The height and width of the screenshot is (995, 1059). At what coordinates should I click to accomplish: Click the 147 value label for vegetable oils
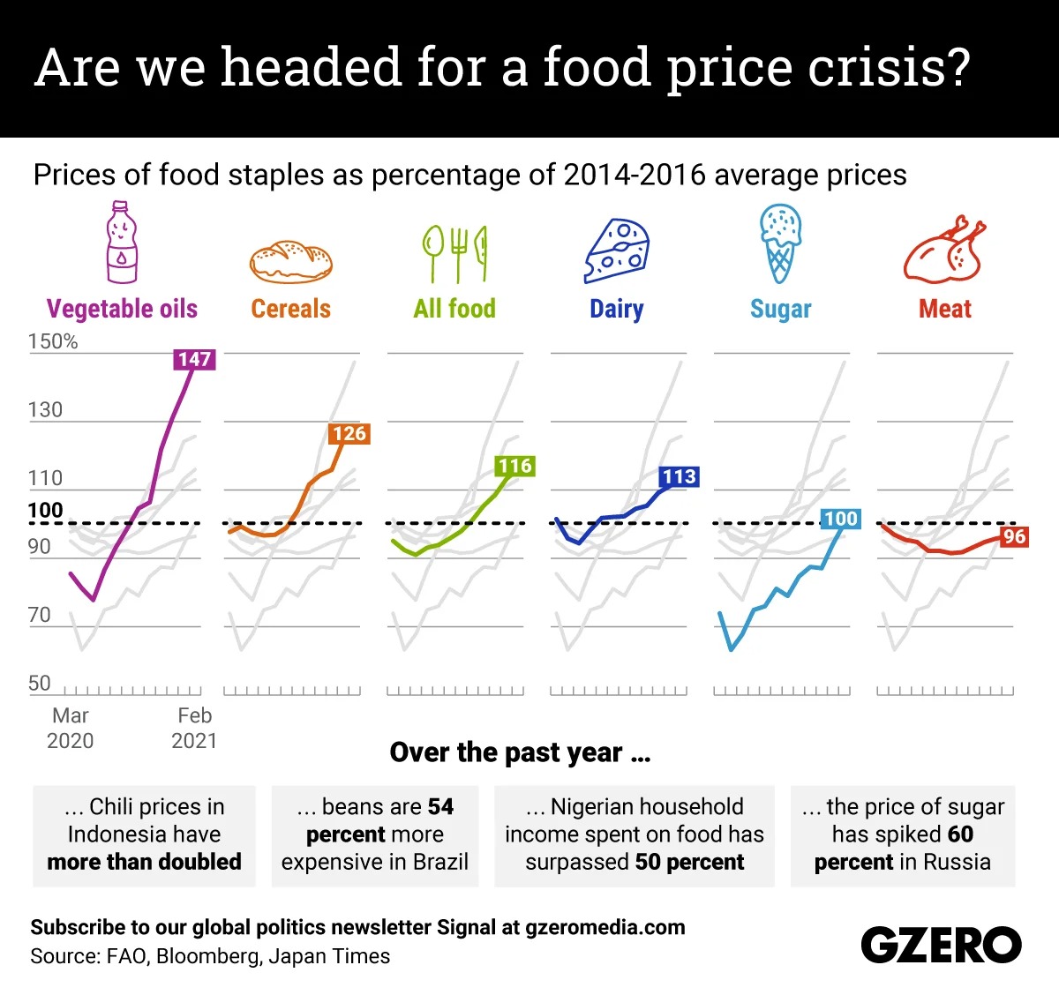click(x=194, y=359)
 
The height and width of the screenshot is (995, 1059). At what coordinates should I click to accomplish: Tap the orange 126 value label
click(x=349, y=433)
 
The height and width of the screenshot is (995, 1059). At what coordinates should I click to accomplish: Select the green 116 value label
click(x=514, y=466)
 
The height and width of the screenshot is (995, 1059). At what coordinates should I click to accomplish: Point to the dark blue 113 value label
click(x=679, y=476)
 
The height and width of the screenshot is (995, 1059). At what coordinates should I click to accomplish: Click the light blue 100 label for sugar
click(x=840, y=519)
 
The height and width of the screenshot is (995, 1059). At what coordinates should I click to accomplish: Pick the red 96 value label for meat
click(x=1014, y=536)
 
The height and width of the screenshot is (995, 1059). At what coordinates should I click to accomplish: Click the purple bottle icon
click(x=122, y=243)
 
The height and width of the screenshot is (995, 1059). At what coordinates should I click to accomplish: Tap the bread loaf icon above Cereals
click(x=290, y=261)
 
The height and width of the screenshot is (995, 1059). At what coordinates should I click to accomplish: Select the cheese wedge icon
click(x=617, y=251)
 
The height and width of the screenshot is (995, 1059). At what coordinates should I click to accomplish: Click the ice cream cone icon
click(x=780, y=243)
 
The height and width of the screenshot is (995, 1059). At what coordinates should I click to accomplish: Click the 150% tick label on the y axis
click(x=53, y=341)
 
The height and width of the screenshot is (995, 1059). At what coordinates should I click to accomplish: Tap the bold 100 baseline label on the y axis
click(x=46, y=511)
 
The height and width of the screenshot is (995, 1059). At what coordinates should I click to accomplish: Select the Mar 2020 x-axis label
click(x=70, y=728)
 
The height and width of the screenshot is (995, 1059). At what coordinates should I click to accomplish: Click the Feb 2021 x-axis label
click(x=194, y=728)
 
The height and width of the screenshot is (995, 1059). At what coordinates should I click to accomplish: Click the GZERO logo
click(x=941, y=946)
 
